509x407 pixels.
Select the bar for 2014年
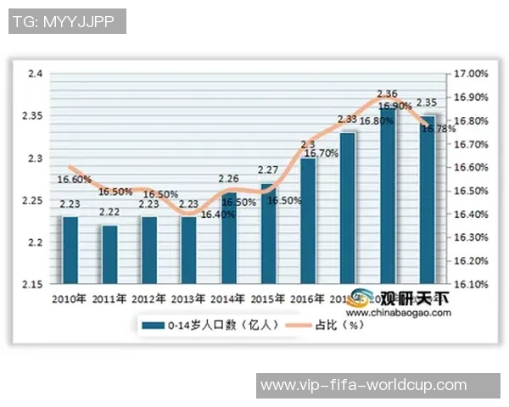229,240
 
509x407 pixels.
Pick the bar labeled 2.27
268,233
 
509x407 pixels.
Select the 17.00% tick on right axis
472,74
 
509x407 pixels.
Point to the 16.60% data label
75,180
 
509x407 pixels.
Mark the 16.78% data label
428,130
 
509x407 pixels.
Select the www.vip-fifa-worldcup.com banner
363,385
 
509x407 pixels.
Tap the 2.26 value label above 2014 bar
228,179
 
